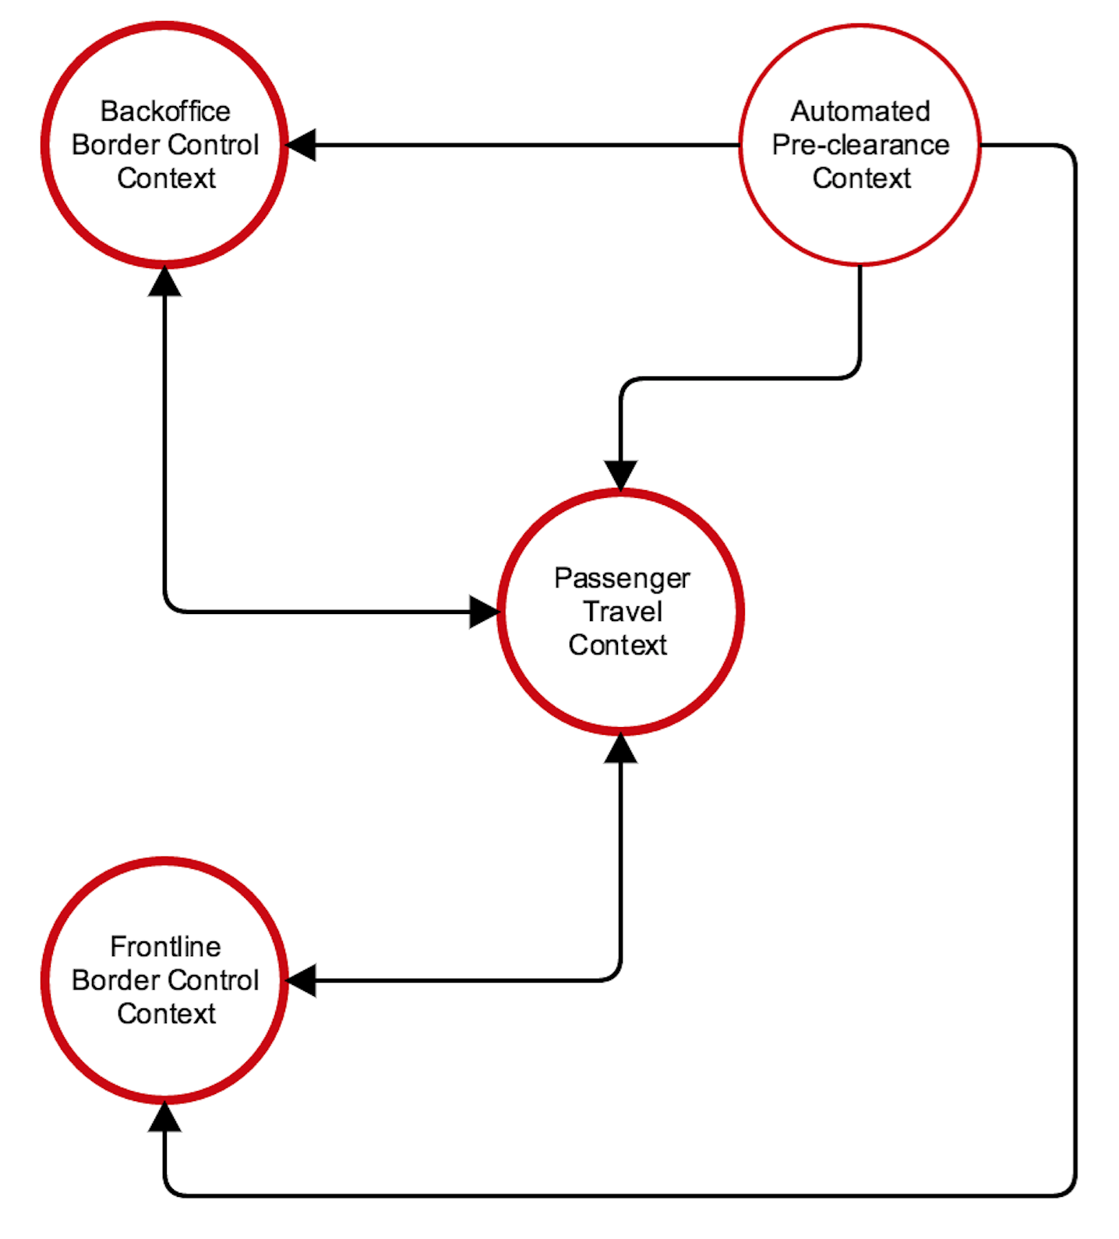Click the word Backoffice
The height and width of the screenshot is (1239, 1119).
[165, 111]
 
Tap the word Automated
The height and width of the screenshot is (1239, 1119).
[860, 111]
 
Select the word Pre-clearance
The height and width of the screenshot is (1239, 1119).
[860, 145]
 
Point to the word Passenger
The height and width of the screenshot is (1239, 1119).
[622, 578]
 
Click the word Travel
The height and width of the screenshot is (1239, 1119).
[623, 612]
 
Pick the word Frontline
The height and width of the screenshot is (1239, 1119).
[165, 947]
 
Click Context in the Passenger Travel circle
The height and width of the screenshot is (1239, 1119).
[618, 645]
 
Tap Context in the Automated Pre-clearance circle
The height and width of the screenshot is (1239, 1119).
[861, 178]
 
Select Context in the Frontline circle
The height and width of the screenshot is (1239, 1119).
[166, 1014]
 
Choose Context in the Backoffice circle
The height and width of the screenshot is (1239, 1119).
[166, 178]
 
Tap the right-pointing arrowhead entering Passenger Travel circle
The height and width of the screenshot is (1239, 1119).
[483, 612]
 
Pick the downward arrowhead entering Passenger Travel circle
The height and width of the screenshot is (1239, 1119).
[621, 475]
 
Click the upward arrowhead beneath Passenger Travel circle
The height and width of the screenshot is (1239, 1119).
[621, 748]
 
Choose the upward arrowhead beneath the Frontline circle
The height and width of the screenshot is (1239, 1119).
[164, 1117]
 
